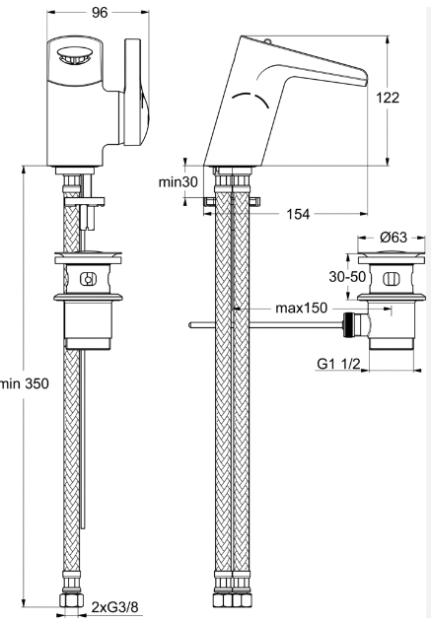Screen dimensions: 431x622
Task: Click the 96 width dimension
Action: click(100, 13)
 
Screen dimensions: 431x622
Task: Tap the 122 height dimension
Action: click(388, 98)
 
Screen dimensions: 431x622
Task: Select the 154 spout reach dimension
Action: click(298, 214)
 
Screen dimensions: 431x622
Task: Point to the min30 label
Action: click(178, 182)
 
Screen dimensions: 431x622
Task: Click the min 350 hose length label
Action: click(25, 383)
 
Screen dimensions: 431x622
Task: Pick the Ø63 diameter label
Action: click(394, 238)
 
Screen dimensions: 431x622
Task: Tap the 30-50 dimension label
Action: click(347, 276)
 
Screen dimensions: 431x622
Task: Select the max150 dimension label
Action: click(302, 308)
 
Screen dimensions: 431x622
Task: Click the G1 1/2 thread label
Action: click(338, 364)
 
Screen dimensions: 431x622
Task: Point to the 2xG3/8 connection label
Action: click(114, 607)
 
